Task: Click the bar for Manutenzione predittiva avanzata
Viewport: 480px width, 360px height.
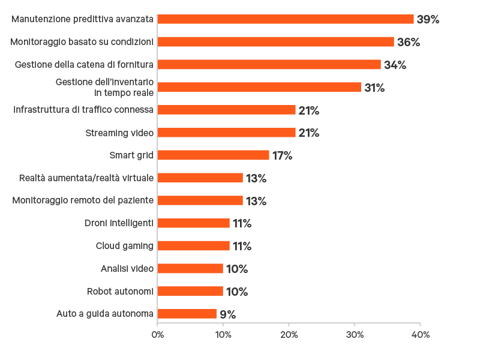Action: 286,19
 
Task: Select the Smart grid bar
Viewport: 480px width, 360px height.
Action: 214,155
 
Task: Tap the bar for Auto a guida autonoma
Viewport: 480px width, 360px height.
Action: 187,314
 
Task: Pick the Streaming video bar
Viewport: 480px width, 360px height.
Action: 227,133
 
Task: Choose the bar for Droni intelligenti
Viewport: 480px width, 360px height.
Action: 194,223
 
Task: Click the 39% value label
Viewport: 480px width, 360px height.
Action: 428,19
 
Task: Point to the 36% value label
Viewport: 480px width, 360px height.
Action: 408,42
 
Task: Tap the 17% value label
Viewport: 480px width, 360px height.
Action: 282,155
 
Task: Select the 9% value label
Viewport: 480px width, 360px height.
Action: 227,314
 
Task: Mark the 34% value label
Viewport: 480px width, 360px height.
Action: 395,65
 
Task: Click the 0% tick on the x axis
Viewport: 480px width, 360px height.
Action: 157,334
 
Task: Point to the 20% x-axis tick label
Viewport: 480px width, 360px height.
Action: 289,334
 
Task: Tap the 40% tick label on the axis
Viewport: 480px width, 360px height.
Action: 420,334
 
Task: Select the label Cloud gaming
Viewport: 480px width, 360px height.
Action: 125,246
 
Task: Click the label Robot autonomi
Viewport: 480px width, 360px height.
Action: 120,292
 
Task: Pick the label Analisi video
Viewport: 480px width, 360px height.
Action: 127,269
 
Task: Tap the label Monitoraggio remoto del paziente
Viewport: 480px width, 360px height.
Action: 83,200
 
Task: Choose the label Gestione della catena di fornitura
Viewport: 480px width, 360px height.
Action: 84,65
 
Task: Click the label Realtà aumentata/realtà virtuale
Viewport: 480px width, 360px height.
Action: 86,178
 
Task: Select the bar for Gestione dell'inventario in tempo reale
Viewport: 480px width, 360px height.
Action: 259,88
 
